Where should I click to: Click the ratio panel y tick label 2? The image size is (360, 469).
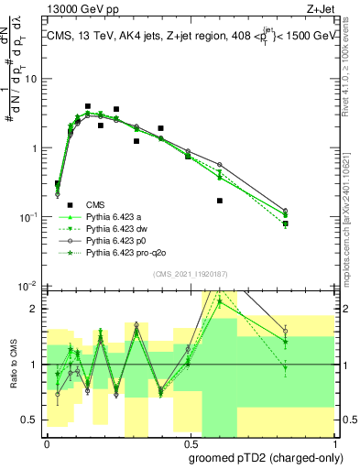coord(35,309)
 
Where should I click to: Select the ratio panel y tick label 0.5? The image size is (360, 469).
coord(32,420)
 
